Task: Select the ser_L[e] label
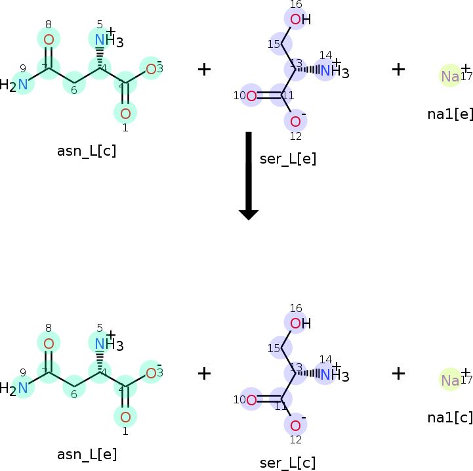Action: pos(288,158)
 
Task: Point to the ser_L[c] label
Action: pos(287,462)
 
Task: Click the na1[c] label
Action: pos(450,417)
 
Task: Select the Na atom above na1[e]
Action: pos(450,76)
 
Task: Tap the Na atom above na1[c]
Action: pos(450,380)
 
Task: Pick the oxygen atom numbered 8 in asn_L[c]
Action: pos(49,39)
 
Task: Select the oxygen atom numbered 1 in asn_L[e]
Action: pos(125,416)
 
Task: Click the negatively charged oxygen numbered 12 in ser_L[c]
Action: pos(295,425)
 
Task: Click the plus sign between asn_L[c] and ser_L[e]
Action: pos(205,69)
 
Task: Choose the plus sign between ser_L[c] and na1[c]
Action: pos(398,373)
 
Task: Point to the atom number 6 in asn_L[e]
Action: pos(74,388)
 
